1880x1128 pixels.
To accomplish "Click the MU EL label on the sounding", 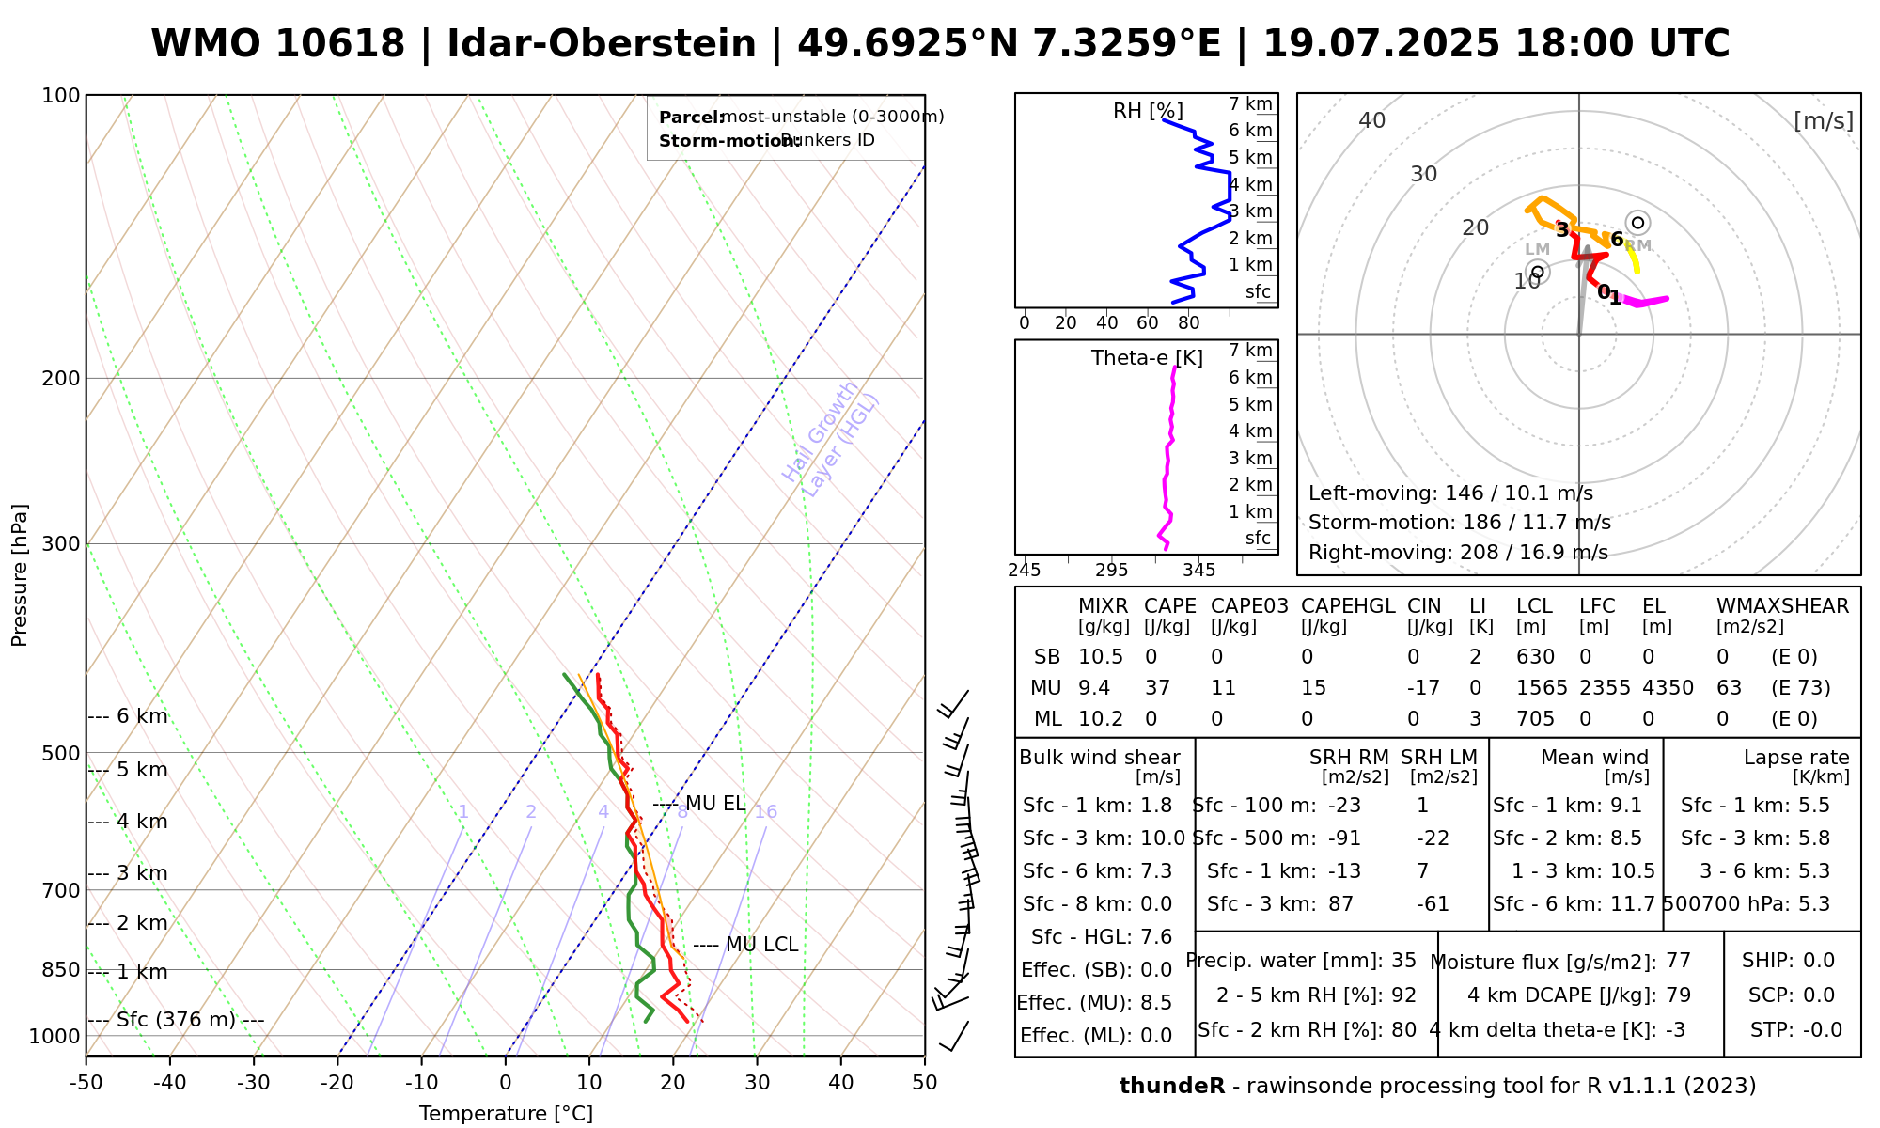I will tap(714, 804).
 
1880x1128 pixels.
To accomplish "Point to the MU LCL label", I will tap(761, 945).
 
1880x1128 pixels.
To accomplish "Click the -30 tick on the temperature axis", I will tap(254, 1083).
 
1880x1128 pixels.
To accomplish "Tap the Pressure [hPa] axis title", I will tap(20, 575).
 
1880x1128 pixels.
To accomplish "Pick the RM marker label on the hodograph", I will tap(1637, 245).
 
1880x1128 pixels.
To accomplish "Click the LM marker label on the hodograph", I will tap(1537, 249).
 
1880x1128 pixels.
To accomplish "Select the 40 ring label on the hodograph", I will tap(1372, 120).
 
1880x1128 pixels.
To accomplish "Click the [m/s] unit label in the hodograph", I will tap(1824, 120).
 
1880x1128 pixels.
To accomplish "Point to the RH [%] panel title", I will tap(1148, 111).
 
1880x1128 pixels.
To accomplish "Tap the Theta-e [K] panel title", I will tap(1147, 358).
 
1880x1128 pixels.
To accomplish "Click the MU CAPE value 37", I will tap(1157, 688).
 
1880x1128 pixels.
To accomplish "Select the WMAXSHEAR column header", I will tap(1782, 606).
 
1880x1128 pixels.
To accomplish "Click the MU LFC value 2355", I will tap(1605, 688).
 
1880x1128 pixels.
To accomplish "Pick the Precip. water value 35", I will tap(1403, 961).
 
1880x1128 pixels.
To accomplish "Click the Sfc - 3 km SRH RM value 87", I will tap(1340, 904).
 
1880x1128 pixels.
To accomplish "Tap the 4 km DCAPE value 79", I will tap(1678, 995).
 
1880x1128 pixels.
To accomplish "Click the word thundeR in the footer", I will tap(1172, 1087).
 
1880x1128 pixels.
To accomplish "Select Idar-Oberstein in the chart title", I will tap(602, 44).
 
